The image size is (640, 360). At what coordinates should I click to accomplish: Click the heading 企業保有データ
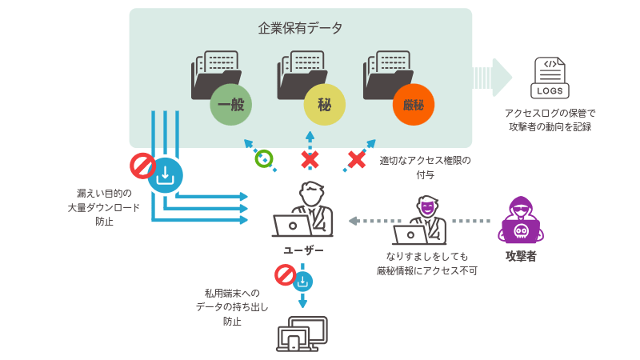click(x=300, y=28)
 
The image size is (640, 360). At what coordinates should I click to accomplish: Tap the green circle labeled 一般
click(x=230, y=105)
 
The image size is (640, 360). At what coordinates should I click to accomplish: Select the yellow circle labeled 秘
click(x=324, y=105)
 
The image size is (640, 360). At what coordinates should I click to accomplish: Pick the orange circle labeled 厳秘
click(x=413, y=105)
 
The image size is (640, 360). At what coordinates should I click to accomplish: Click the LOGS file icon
click(x=551, y=78)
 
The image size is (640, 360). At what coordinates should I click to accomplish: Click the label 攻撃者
click(x=521, y=257)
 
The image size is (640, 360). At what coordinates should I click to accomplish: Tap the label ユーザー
click(x=303, y=250)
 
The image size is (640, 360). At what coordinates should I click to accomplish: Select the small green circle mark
click(x=263, y=158)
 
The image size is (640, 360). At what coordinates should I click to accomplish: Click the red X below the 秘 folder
click(x=310, y=159)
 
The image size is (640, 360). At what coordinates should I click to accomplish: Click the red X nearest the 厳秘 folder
click(x=356, y=159)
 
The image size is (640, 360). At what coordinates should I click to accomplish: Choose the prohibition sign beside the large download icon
click(x=142, y=166)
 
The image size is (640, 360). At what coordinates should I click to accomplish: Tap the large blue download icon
click(x=166, y=175)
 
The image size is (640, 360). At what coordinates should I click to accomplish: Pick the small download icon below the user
click(x=303, y=281)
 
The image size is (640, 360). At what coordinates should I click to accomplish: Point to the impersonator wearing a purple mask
click(x=421, y=221)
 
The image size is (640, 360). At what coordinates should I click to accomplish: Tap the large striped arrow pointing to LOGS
click(x=491, y=78)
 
